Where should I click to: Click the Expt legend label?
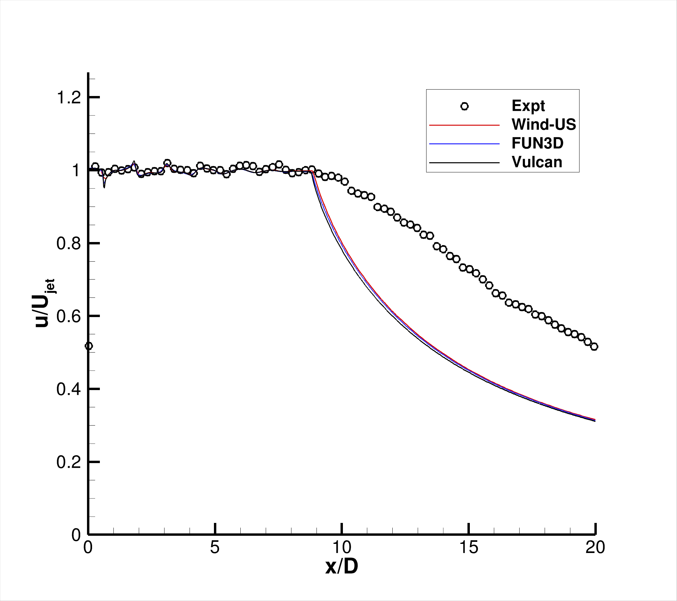click(x=528, y=106)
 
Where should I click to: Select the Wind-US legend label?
click(x=544, y=124)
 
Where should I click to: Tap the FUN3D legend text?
click(x=538, y=143)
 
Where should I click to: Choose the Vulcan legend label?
click(x=537, y=162)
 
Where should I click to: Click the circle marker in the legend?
click(x=464, y=106)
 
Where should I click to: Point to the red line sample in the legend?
click(x=464, y=125)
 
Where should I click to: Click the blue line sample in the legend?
click(x=464, y=144)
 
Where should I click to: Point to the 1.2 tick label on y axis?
click(x=69, y=98)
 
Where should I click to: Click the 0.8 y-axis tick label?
click(x=69, y=243)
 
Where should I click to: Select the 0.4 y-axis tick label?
click(x=69, y=389)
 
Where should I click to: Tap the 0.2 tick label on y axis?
click(x=69, y=462)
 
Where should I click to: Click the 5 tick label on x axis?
click(x=215, y=547)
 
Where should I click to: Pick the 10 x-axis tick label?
click(x=342, y=547)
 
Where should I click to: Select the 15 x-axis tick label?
click(x=469, y=547)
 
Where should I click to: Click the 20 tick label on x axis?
click(x=595, y=547)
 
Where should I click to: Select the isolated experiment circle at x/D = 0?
click(x=89, y=346)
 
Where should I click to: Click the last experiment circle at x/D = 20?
click(x=594, y=346)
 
